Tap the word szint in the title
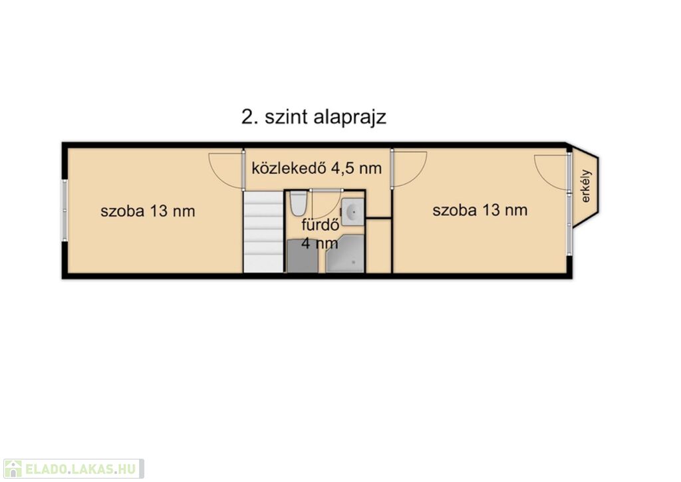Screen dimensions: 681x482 pos(283,117)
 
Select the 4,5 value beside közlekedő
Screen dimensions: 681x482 pos(343,168)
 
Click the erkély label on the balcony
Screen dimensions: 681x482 pos(586,186)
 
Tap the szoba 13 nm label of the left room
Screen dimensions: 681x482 pos(148,211)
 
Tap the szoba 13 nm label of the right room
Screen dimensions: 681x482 pos(480,210)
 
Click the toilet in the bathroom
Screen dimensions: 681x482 pos(298,203)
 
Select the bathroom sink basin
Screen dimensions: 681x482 pos(352,212)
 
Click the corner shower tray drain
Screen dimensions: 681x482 pos(353,263)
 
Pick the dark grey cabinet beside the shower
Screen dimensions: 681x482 pos(303,256)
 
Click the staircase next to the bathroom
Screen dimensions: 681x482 pos(263,232)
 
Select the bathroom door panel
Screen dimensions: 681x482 pos(326,190)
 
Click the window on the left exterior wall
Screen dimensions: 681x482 pos(65,211)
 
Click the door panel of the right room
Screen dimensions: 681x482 pos(392,169)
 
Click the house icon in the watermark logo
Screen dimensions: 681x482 pos(13,469)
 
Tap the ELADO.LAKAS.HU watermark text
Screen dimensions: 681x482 pos(80,469)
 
